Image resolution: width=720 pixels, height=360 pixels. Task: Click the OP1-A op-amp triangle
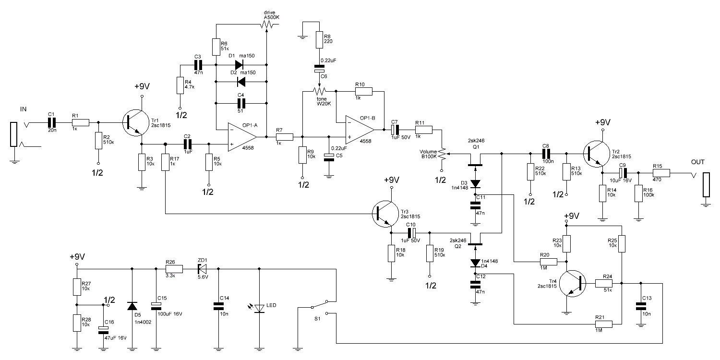[243, 137]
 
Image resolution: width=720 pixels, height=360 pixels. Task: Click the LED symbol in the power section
[260, 308]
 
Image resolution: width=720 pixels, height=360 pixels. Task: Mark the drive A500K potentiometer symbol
[266, 24]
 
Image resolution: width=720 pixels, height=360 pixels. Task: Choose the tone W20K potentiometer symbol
[318, 90]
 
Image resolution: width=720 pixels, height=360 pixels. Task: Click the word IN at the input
[23, 110]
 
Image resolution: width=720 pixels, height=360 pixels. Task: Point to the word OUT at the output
[698, 162]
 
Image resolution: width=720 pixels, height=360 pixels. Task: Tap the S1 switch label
[316, 318]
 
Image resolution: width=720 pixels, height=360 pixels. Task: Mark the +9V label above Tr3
[392, 180]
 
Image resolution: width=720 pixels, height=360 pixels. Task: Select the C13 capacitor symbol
[640, 306]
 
